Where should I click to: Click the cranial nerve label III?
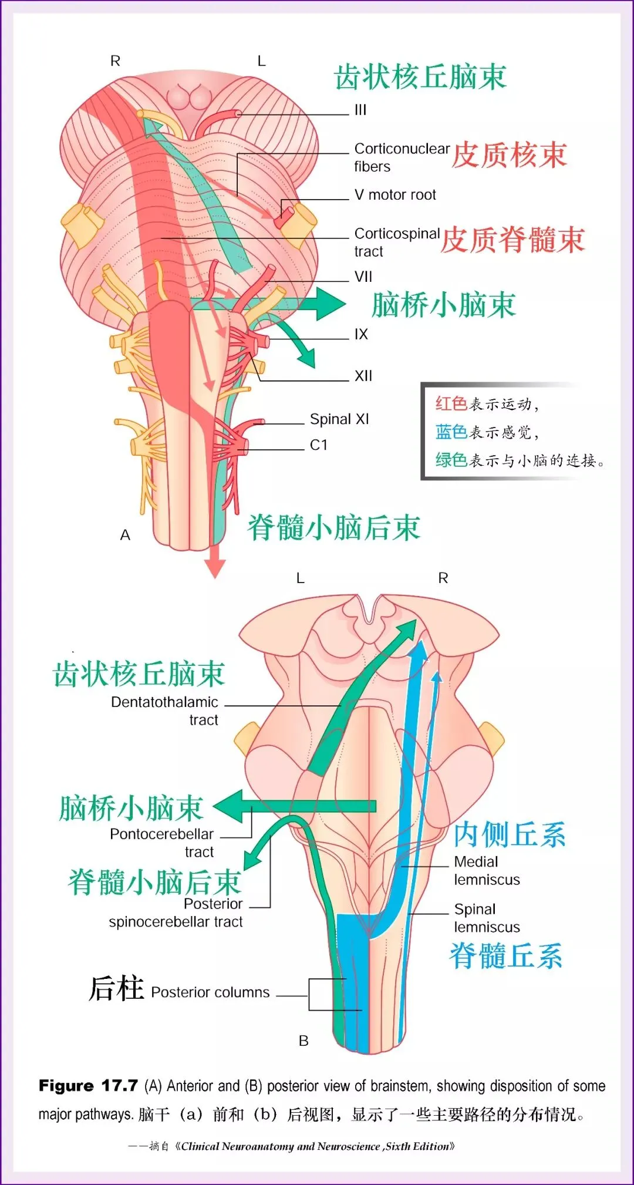[x=360, y=110]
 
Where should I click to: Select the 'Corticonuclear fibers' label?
[x=402, y=157]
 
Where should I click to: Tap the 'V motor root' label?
[x=395, y=195]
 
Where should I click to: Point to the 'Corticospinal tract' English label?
[x=397, y=242]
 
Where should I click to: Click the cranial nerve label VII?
[x=363, y=277]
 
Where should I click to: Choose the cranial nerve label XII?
[x=363, y=376]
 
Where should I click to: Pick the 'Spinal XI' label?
[x=339, y=419]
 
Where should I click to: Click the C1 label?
[x=319, y=445]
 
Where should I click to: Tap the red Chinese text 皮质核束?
[x=510, y=156]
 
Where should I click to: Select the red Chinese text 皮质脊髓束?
[x=512, y=240]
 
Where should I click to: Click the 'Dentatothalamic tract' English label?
[x=165, y=711]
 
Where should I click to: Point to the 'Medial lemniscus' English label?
[x=487, y=871]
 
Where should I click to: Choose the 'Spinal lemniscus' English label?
[x=487, y=918]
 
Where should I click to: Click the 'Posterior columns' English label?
[x=210, y=992]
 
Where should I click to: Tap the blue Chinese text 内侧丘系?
[x=510, y=834]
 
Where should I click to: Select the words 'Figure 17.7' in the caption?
[x=88, y=1086]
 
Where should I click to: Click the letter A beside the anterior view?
[x=125, y=535]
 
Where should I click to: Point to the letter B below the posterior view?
[x=303, y=1041]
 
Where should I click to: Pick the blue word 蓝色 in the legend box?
[x=451, y=432]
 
